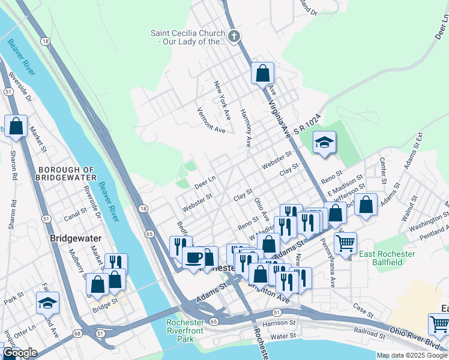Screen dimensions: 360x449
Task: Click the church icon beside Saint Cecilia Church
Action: point(234,37)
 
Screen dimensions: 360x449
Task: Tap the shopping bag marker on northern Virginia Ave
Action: point(262,74)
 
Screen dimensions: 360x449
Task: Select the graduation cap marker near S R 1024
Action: point(324,142)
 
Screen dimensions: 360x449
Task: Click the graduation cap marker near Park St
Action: point(47,304)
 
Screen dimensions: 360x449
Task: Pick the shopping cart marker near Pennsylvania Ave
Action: point(345,244)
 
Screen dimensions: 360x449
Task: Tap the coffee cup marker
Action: point(193,258)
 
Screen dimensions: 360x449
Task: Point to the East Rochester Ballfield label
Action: point(387,258)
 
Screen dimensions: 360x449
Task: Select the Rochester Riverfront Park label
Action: point(185,331)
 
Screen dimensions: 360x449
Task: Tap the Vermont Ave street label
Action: point(211,121)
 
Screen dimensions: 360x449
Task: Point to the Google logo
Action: point(20,353)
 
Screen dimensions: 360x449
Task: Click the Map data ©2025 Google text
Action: point(412,355)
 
